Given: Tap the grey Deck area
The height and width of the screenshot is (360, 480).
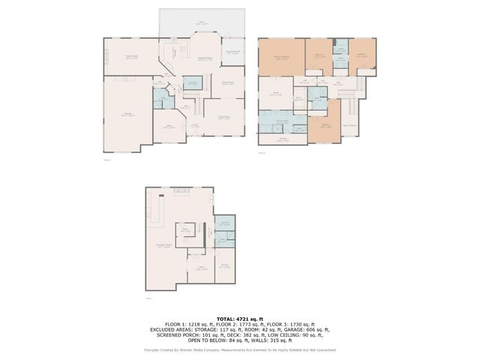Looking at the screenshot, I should click(x=201, y=22).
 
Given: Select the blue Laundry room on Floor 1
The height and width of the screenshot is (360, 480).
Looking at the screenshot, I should click(x=193, y=84).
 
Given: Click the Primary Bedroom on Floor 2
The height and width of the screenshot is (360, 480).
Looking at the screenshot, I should click(x=280, y=58).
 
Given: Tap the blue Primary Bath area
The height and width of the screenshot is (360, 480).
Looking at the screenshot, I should click(x=280, y=121).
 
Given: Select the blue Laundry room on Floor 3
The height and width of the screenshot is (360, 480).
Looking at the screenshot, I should click(x=224, y=223).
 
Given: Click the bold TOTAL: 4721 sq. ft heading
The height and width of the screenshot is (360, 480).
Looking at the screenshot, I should click(x=240, y=319).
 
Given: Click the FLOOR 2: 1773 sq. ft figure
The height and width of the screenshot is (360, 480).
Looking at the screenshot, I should click(x=240, y=324).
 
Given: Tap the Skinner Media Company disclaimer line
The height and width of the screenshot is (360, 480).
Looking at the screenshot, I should click(x=240, y=350).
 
